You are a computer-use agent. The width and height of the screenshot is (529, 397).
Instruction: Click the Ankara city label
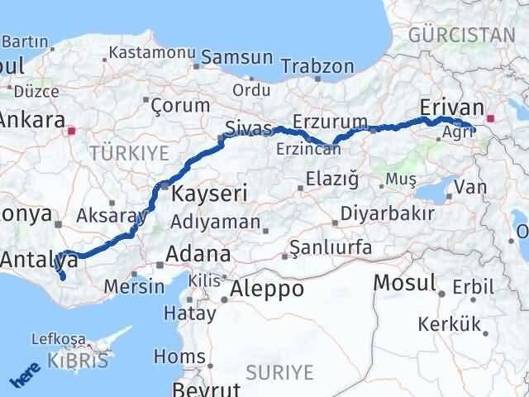(31, 120)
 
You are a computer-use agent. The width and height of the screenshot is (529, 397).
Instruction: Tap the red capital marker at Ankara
(73, 130)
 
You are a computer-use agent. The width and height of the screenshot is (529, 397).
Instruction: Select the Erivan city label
(450, 107)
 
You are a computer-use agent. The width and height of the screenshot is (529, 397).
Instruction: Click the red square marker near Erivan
(491, 118)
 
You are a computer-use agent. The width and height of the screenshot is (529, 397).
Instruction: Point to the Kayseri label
(209, 194)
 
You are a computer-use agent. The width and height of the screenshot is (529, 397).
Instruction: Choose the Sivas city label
(249, 127)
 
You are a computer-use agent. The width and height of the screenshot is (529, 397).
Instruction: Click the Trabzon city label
(317, 67)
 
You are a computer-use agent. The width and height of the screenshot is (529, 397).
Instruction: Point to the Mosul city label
(404, 283)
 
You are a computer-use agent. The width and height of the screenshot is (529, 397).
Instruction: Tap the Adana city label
(199, 253)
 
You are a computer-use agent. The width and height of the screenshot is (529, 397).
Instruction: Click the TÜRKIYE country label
(129, 153)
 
